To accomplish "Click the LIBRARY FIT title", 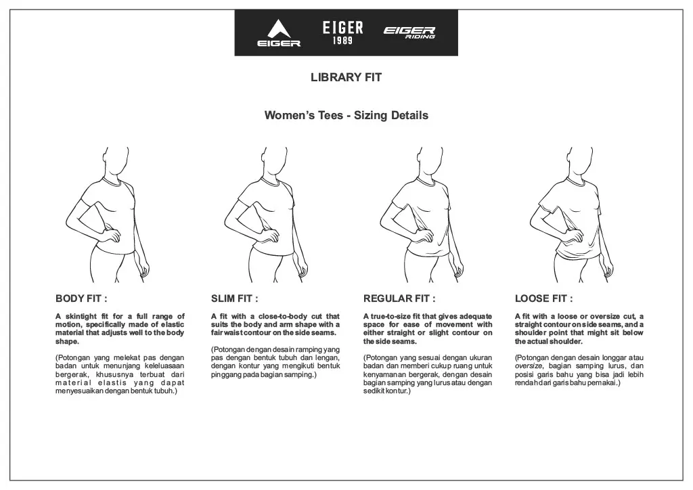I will [x=346, y=77].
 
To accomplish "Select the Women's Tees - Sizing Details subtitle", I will [x=346, y=115].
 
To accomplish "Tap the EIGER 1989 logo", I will [x=342, y=32].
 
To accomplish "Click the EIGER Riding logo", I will [x=409, y=32].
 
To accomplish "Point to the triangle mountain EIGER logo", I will [x=279, y=33].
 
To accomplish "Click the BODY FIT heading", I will [x=81, y=298].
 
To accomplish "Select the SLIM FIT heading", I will [x=234, y=298].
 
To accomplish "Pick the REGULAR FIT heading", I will [x=399, y=298].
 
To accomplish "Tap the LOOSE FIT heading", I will [x=543, y=298].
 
